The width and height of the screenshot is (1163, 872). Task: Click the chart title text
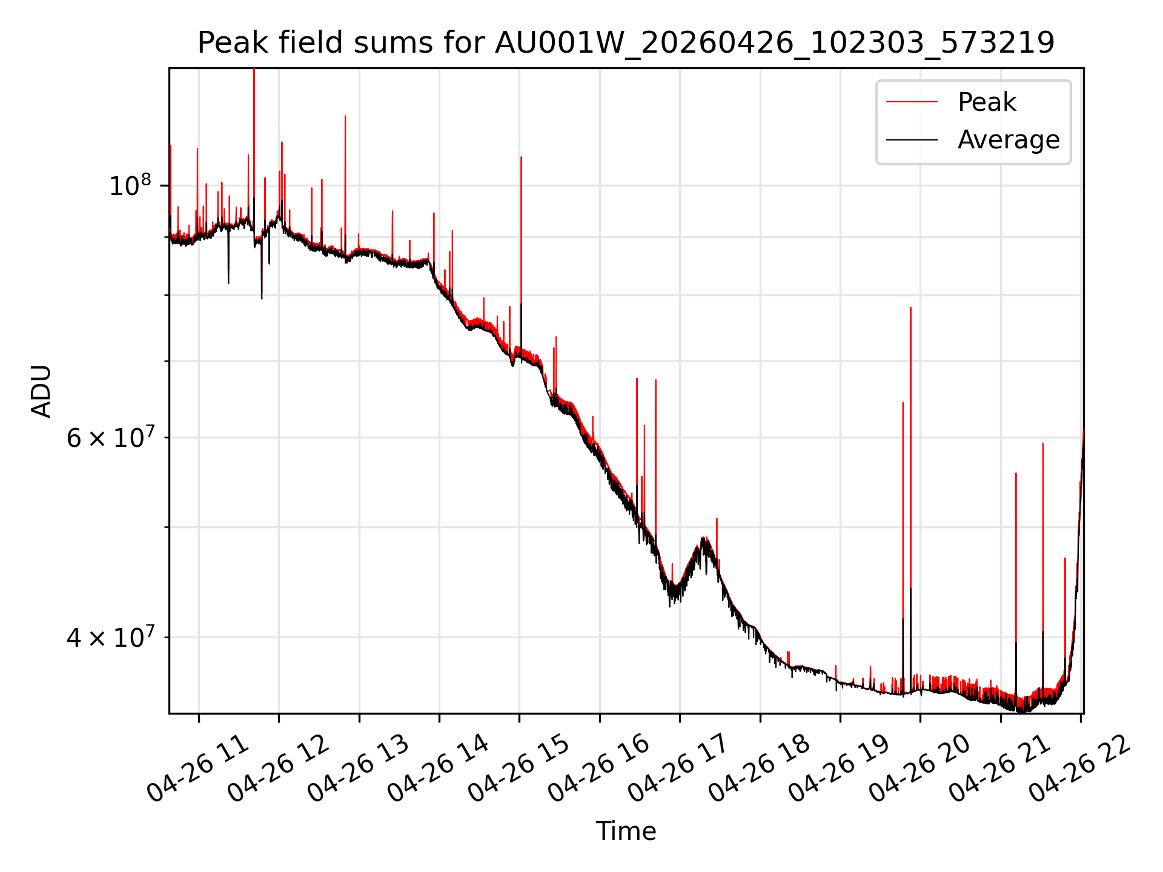[626, 43]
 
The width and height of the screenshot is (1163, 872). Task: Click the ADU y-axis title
[41, 391]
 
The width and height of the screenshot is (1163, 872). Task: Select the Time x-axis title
[626, 831]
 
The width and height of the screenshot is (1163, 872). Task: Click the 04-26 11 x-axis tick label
[199, 769]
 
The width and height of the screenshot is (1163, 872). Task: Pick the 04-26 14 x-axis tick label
[439, 769]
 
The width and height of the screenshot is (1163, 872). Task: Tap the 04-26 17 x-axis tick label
[680, 769]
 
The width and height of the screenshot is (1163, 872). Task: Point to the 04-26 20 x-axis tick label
[920, 769]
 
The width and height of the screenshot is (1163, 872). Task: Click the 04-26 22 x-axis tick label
[1081, 769]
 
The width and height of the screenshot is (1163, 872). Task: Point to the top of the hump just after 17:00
[703, 538]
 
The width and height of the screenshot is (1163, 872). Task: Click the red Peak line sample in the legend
[912, 102]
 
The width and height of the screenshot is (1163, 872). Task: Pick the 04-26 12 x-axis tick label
[279, 769]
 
